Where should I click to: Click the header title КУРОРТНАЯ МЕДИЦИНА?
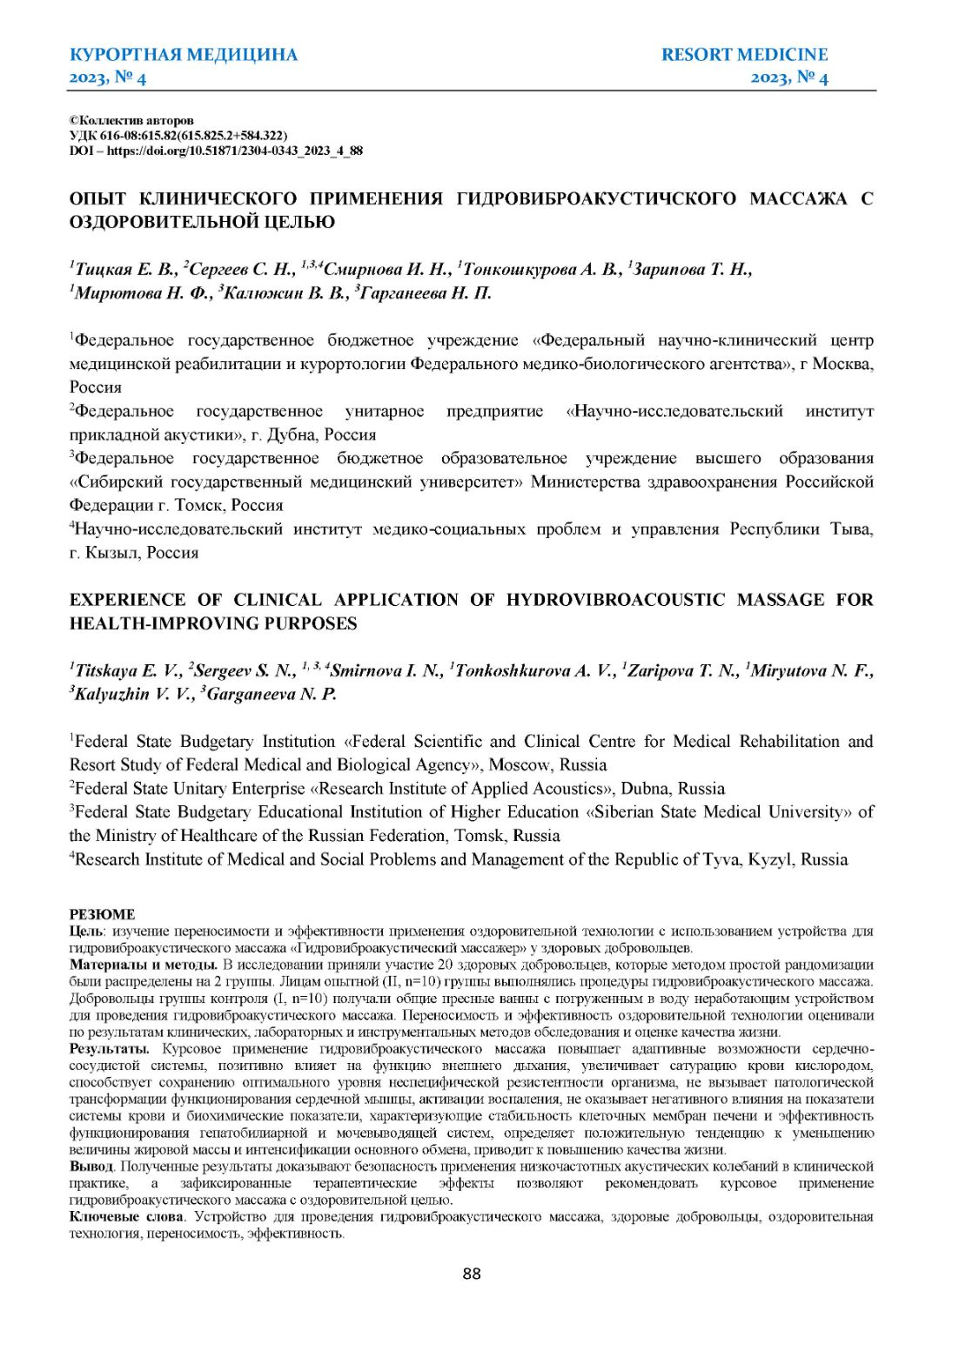point(183,55)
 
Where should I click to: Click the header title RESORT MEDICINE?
point(744,55)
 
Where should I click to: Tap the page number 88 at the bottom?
point(472,1274)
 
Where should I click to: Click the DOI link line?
point(216,151)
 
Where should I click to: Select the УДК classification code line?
point(178,136)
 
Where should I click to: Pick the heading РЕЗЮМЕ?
point(102,914)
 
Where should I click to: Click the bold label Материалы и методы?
point(144,965)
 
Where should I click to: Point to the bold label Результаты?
point(110,1049)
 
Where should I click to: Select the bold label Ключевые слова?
point(126,1216)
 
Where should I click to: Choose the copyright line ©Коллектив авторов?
point(131,120)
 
